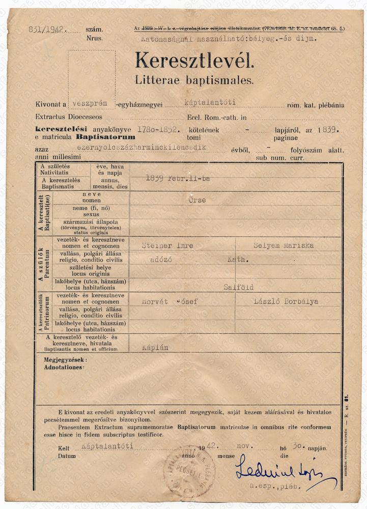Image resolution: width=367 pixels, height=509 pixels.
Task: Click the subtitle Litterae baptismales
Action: (x=194, y=79)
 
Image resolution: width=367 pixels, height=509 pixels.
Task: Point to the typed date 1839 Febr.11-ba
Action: (x=178, y=178)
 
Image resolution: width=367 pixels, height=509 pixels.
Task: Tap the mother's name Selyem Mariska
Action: (x=284, y=245)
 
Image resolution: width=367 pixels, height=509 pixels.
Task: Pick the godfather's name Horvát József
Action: (x=170, y=301)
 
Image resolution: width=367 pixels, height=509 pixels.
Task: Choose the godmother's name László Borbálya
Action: (x=286, y=301)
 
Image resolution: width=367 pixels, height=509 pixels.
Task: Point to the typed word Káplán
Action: (x=155, y=348)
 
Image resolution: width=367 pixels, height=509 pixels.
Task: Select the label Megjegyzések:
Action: (x=65, y=360)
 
